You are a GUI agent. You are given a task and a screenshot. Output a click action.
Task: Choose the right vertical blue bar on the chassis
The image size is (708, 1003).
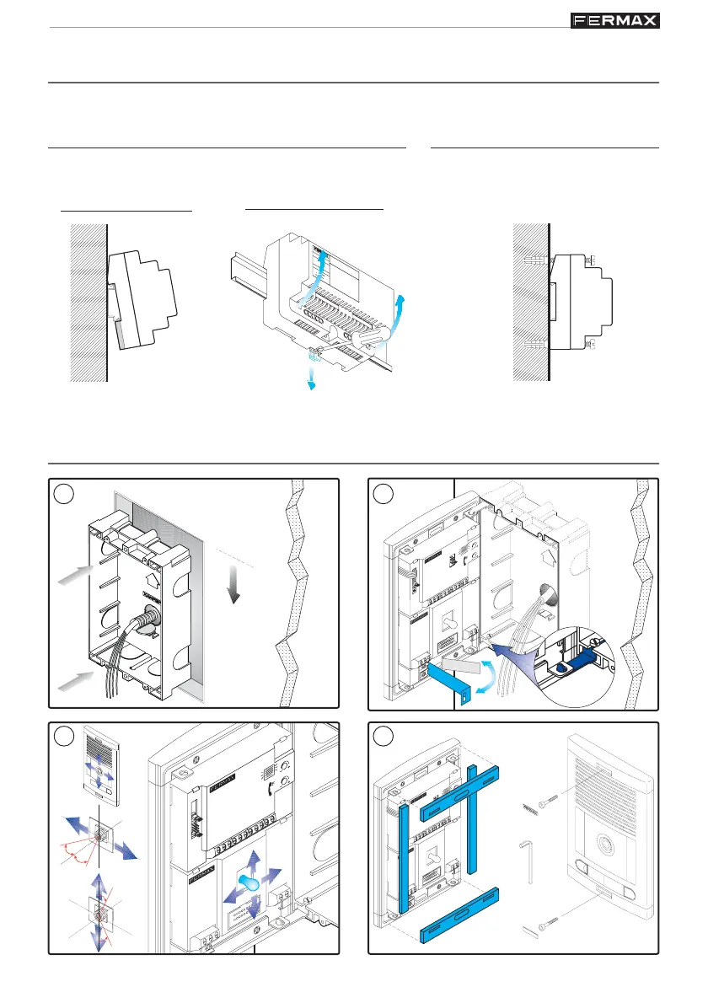coord(473,817)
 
